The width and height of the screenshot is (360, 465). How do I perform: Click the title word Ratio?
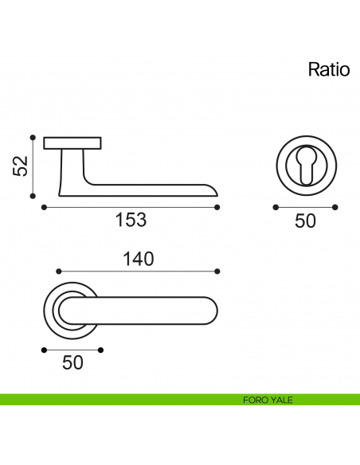[x=329, y=69]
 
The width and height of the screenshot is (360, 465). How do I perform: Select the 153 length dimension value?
[x=131, y=221]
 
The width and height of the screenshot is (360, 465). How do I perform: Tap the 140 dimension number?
[x=138, y=259]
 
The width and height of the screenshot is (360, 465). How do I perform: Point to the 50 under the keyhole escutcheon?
[x=305, y=221]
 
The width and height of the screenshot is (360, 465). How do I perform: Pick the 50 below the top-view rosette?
[x=72, y=362]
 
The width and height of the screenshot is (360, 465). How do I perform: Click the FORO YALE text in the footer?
[x=268, y=400]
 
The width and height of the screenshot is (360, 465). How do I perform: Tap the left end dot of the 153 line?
[x=42, y=208]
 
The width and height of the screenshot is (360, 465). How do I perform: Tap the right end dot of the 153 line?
[x=217, y=208]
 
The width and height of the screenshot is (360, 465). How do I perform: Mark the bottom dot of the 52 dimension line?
[x=33, y=195]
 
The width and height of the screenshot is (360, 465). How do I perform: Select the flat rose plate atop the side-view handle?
[x=72, y=143]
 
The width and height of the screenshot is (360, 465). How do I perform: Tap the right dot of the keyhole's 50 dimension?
[x=335, y=208]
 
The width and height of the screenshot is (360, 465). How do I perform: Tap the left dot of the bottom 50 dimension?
[x=43, y=349]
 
